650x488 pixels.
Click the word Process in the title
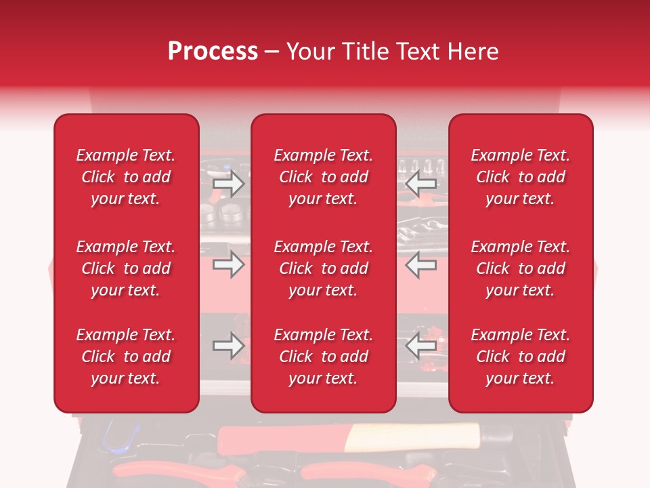tap(213, 52)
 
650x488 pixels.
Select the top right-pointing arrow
tap(228, 183)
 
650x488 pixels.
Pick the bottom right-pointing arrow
tap(228, 346)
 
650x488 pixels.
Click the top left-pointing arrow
tap(421, 183)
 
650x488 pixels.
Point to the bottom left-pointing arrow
tap(421, 346)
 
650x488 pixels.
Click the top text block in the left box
tap(126, 177)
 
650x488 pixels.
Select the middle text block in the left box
tap(126, 268)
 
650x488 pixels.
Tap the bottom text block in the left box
tap(126, 357)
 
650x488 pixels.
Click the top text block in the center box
tap(324, 177)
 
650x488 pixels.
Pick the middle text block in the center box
tap(324, 268)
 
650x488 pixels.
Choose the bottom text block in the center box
tap(324, 357)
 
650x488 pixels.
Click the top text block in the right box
tap(521, 177)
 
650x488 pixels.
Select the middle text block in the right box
tap(521, 268)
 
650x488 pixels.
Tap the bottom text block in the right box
tap(521, 357)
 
